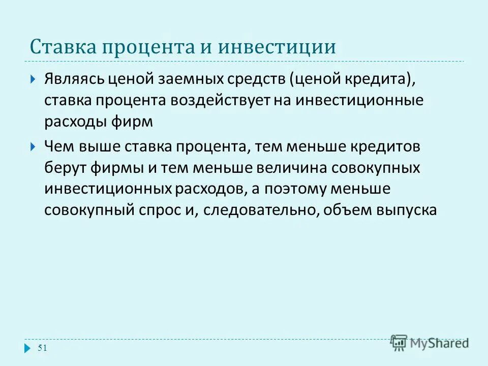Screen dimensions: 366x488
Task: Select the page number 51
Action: tap(42, 348)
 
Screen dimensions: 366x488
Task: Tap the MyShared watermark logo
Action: tap(430, 342)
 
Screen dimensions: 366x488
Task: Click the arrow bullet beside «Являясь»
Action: tap(33, 80)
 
